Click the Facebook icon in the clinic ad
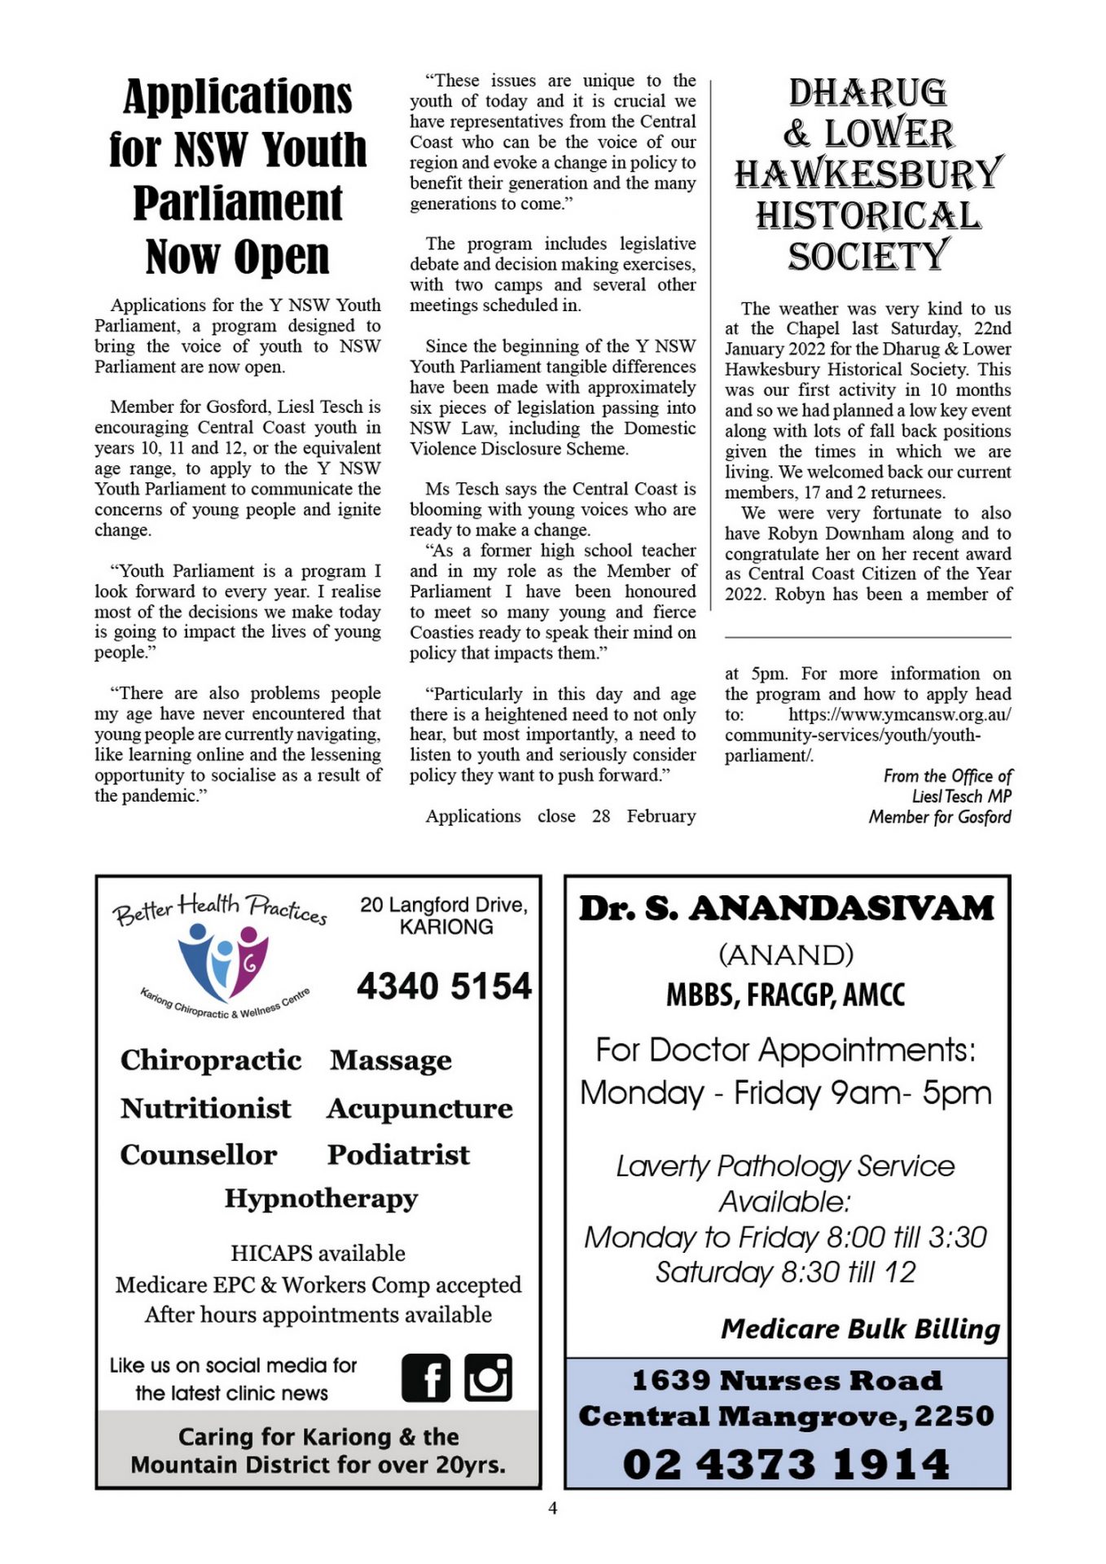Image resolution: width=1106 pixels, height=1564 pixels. (425, 1378)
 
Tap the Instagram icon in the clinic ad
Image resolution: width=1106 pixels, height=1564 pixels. (488, 1377)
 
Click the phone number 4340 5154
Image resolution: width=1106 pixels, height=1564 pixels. (444, 986)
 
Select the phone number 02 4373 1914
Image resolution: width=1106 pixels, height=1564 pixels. (786, 1465)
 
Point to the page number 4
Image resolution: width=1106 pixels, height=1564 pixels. (553, 1509)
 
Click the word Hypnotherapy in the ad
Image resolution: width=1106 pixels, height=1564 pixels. (321, 1198)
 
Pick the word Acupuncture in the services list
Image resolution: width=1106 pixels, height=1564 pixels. (419, 1109)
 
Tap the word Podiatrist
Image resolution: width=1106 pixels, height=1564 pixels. (398, 1155)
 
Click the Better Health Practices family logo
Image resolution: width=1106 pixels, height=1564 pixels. (222, 961)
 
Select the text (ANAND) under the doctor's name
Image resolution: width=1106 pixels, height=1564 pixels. (786, 955)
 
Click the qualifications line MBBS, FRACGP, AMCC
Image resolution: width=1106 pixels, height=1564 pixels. (786, 995)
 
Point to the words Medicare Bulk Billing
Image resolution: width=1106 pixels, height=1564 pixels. (860, 1329)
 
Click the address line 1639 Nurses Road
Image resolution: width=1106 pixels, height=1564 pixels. (787, 1381)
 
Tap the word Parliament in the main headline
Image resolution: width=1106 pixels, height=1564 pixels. (238, 203)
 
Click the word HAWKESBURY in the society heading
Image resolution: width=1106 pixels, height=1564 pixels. (868, 174)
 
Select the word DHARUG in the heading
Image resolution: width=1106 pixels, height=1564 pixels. (868, 93)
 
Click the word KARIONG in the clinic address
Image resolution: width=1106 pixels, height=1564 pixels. (445, 927)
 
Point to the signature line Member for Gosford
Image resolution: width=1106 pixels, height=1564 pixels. (940, 817)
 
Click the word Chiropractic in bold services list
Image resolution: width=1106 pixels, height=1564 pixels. (211, 1060)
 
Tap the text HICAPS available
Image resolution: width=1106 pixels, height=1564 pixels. (318, 1253)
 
